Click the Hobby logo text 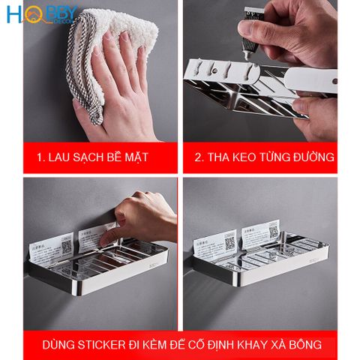(42, 14)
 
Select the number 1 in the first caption (40, 158)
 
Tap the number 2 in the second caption (199, 158)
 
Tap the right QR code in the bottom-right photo (273, 232)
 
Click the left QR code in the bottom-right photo (229, 242)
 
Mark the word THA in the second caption (223, 158)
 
